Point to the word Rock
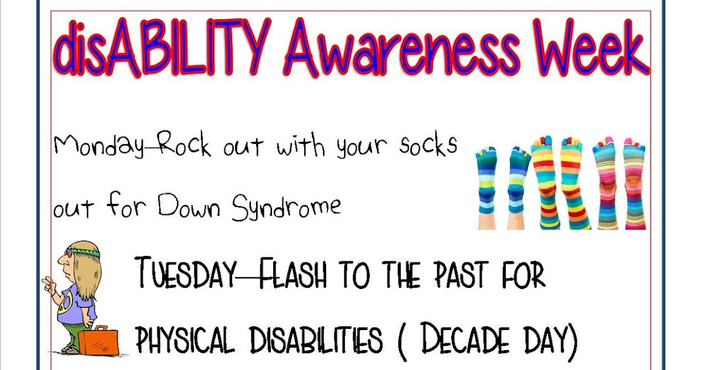pos(182,145)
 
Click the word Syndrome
pos(286,207)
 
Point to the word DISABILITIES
pos(316,339)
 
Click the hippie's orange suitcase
pos(98,340)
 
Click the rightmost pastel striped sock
pos(634,182)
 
